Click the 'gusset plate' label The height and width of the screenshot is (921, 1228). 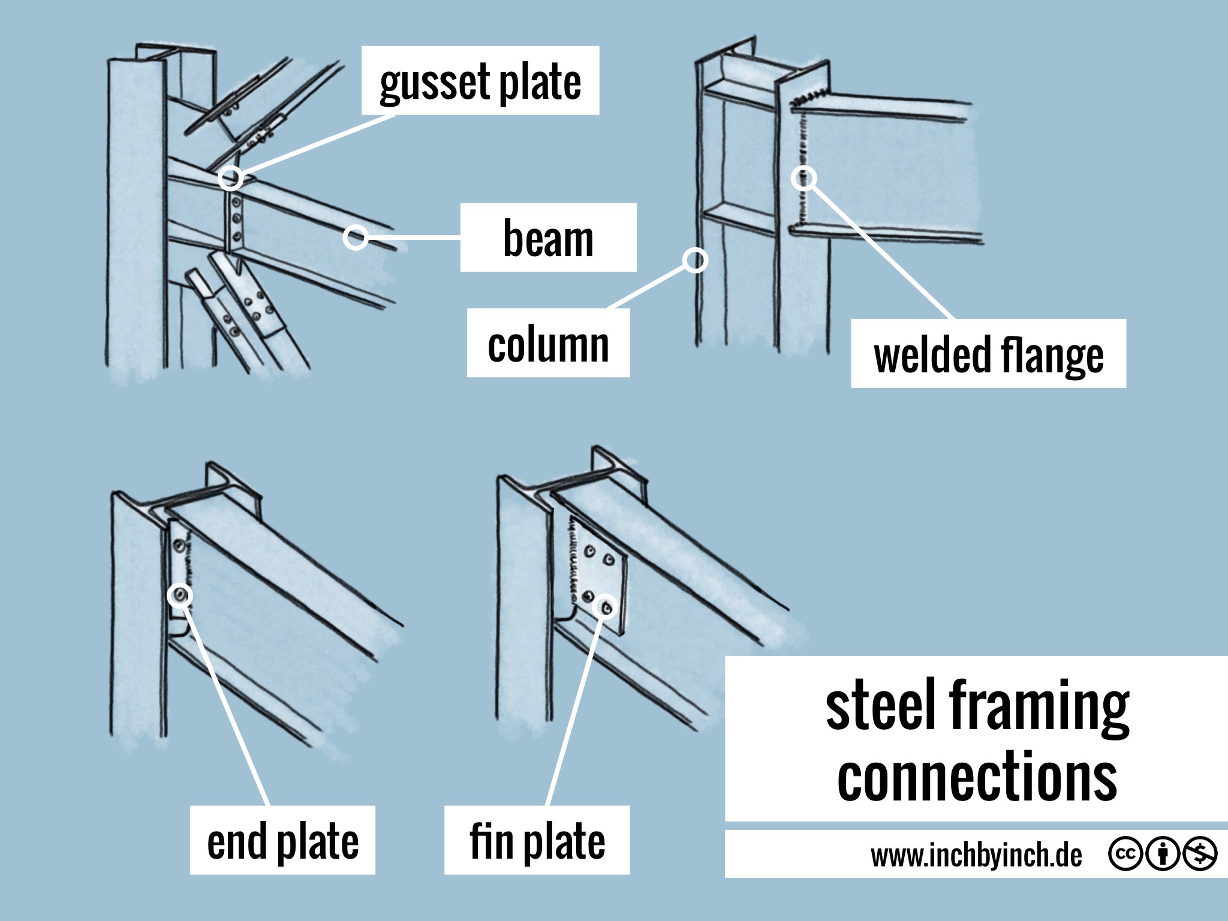(480, 80)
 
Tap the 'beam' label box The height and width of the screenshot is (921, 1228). (548, 237)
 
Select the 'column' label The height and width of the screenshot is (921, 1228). (548, 343)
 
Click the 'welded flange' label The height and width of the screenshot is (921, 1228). (988, 354)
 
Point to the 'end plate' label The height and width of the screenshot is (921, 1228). (282, 840)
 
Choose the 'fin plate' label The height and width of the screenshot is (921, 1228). (537, 840)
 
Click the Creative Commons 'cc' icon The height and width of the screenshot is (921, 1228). (1125, 853)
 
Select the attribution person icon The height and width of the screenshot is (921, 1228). (1163, 853)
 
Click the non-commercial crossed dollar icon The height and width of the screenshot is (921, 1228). (1199, 853)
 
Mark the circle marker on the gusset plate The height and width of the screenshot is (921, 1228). (230, 178)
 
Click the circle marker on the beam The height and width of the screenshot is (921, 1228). (356, 237)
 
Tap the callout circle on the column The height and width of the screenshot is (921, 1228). (696, 260)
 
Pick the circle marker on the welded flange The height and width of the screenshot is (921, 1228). (803, 178)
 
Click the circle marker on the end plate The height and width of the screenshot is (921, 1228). (180, 595)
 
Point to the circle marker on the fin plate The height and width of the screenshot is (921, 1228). (605, 607)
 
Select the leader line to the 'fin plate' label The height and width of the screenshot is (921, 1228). (576, 708)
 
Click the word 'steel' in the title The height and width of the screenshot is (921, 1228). (881, 705)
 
